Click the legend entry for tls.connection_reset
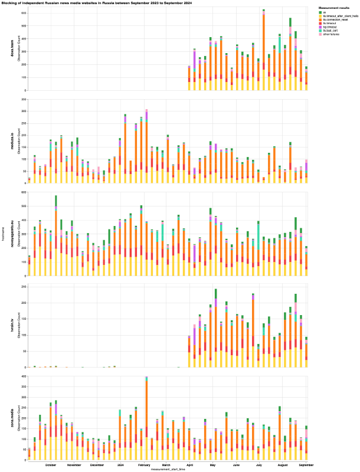point(334,19)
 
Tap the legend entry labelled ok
point(324,11)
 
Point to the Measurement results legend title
point(333,7)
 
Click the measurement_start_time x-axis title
point(168,469)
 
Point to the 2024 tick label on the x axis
point(120,465)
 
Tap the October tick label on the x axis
point(51,465)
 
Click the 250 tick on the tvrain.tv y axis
point(24,287)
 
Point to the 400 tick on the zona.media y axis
point(24,376)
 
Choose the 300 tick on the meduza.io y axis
point(24,99)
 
